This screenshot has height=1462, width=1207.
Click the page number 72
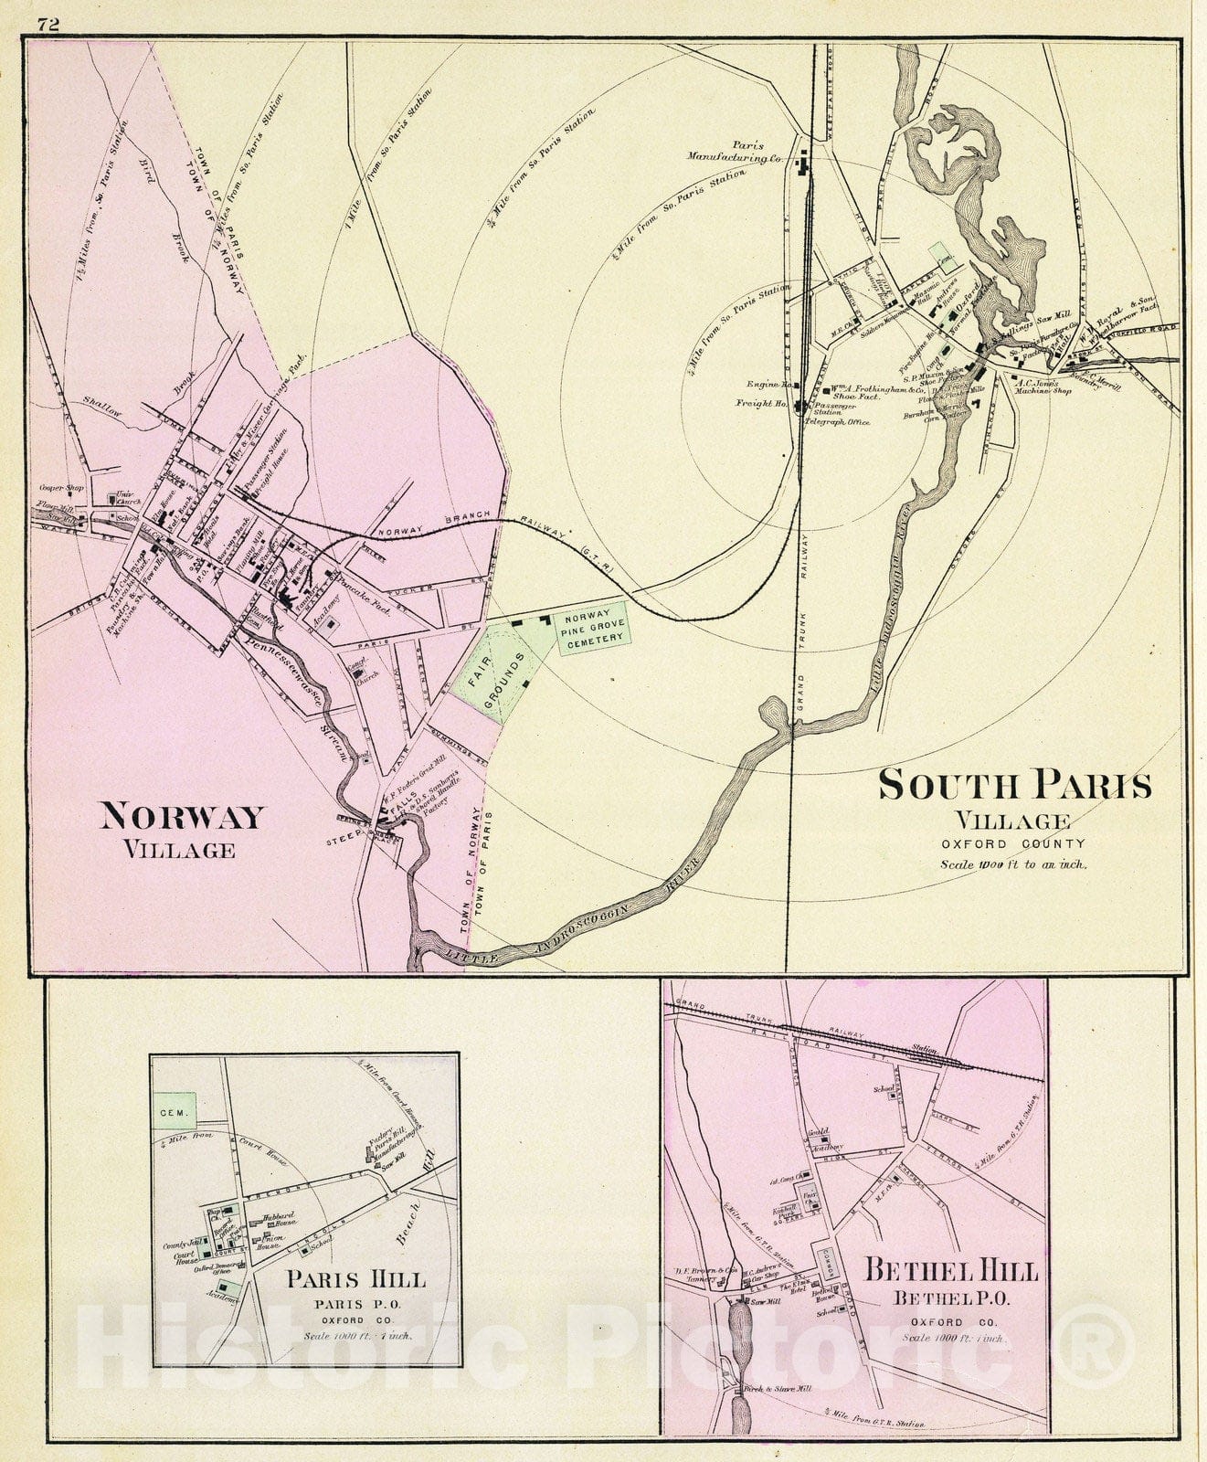click(48, 25)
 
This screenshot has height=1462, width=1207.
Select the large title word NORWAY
click(182, 815)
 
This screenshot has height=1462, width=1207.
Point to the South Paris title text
click(1014, 786)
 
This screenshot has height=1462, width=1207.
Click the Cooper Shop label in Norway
click(62, 488)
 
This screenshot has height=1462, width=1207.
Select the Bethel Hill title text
click(950, 1272)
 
